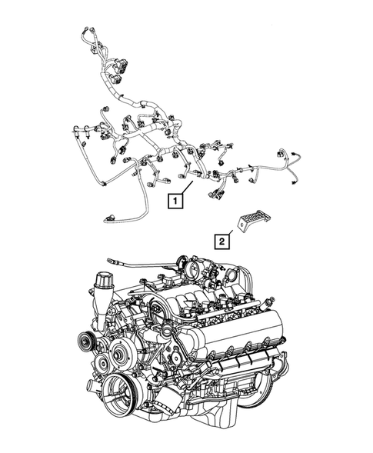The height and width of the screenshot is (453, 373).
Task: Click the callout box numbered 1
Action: [x=177, y=202]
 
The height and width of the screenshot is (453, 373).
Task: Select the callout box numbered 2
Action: [x=221, y=241]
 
